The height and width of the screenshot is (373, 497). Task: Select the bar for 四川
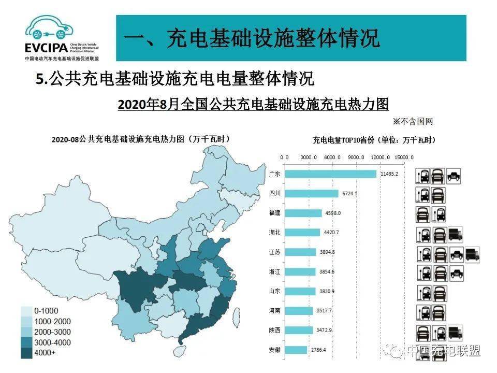click(311, 194)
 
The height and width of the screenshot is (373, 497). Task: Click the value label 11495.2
click(389, 174)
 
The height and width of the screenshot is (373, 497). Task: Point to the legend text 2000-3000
click(53, 332)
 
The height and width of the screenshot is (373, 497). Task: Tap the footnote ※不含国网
click(412, 122)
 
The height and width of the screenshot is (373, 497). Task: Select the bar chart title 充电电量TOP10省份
click(374, 140)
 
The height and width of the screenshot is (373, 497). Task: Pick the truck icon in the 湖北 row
click(456, 235)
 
